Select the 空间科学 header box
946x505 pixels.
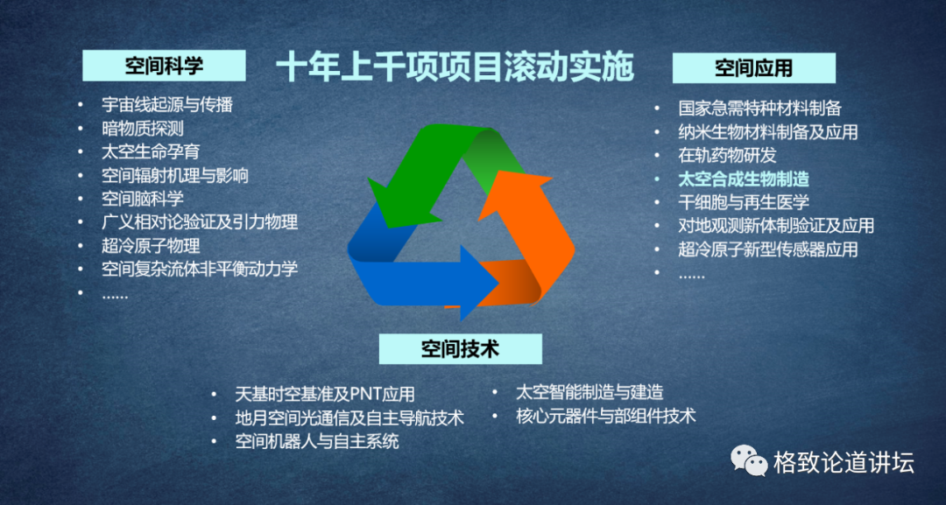(164, 65)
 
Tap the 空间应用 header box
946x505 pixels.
(754, 67)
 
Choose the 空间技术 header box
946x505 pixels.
(461, 349)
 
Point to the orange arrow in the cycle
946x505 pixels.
(525, 241)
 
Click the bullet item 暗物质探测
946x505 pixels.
(143, 129)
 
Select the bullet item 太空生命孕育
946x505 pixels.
(151, 151)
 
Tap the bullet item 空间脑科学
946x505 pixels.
(143, 199)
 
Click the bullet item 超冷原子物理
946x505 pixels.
(151, 245)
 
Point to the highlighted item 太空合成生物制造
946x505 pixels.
(744, 179)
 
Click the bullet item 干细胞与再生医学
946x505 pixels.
(744, 202)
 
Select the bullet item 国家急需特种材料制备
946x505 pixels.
(759, 109)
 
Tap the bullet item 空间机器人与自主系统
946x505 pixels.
(317, 441)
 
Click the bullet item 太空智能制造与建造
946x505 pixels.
(590, 392)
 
